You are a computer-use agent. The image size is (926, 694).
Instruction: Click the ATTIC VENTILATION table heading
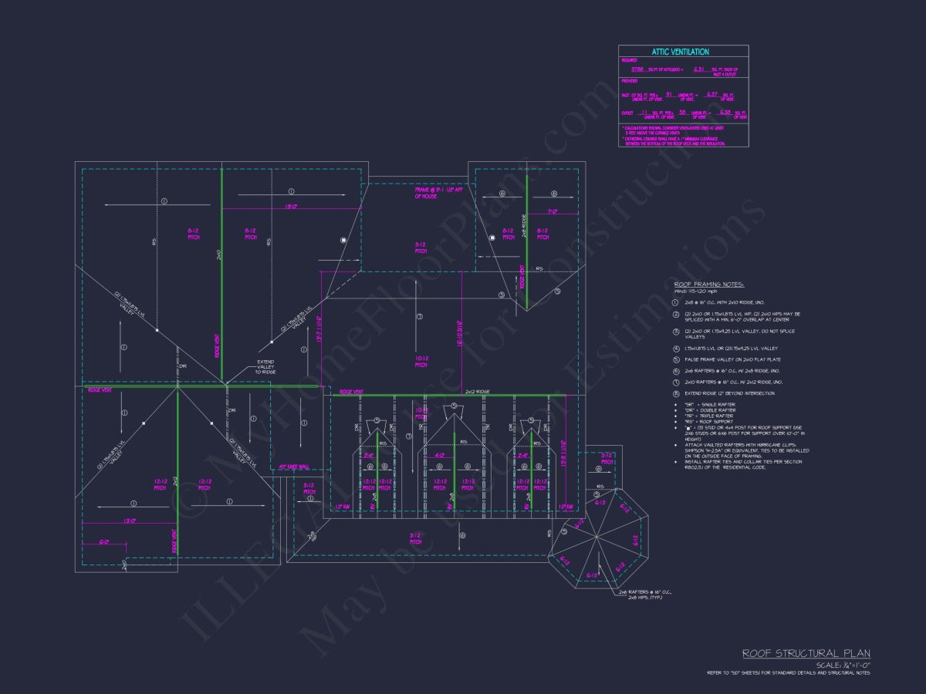680,52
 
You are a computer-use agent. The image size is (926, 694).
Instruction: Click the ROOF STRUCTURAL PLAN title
806,653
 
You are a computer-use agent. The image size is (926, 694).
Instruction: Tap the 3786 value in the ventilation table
637,69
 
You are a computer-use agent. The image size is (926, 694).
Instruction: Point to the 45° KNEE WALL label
293,467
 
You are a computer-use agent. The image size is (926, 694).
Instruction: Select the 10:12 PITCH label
421,362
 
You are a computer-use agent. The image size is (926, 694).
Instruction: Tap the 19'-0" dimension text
291,207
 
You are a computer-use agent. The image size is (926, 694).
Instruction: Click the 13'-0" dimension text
130,521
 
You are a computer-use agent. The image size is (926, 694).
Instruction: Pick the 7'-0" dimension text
553,211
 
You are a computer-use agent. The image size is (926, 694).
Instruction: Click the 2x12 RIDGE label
478,392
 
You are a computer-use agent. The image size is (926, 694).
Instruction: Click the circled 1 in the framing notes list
675,302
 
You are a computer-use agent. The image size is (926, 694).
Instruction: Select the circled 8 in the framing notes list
675,393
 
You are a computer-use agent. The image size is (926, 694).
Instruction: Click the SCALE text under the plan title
843,665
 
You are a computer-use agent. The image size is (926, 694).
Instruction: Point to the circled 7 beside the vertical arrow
419,317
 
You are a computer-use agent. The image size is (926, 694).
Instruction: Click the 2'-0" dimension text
103,543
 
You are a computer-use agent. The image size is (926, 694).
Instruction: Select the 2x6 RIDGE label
524,226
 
